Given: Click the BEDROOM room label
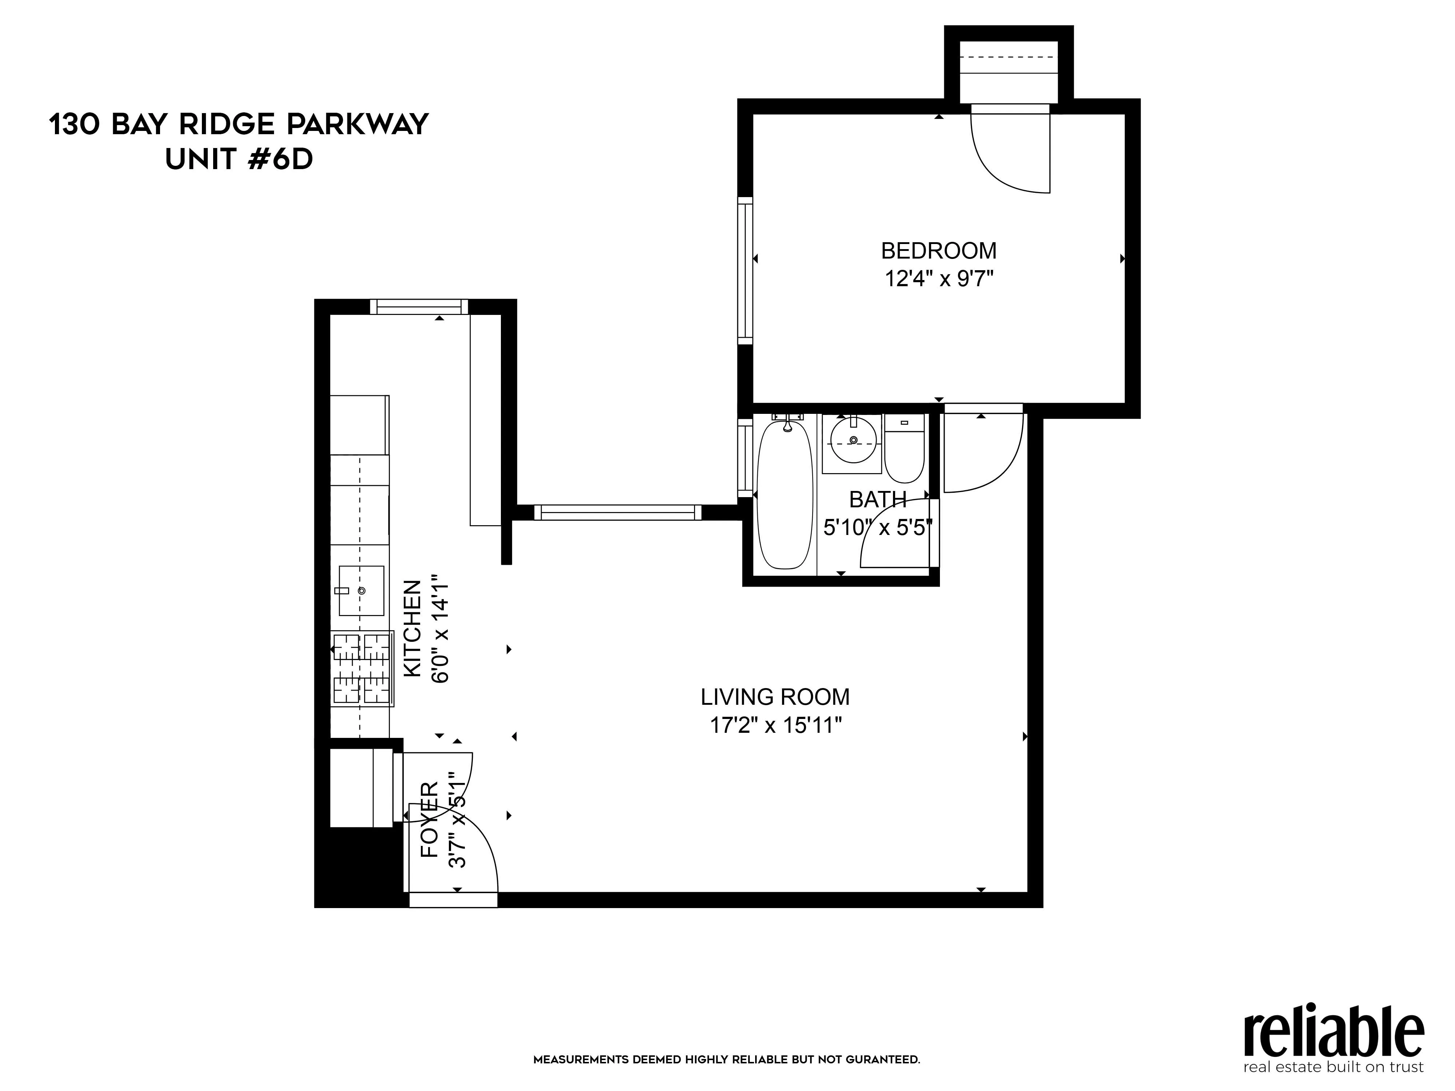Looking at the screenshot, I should click(x=938, y=251).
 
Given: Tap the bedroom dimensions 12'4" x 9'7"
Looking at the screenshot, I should click(x=938, y=279).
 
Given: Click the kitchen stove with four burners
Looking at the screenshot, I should click(x=362, y=669).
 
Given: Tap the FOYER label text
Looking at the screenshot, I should click(x=429, y=819).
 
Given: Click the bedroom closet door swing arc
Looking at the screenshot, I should click(x=1006, y=158).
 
